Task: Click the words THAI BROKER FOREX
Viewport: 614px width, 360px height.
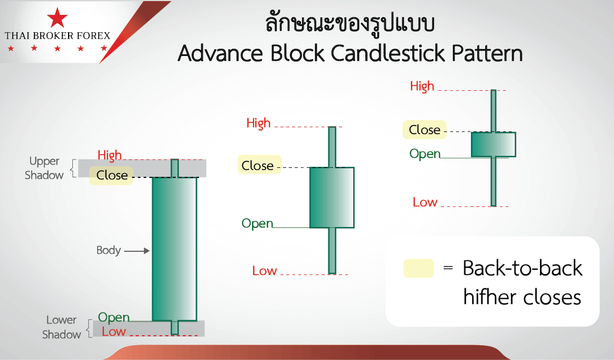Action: tap(58, 36)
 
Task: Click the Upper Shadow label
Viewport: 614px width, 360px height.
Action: tap(44, 168)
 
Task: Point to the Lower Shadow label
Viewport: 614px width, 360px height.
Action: tap(61, 327)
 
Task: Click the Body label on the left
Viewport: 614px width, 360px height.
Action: tap(108, 250)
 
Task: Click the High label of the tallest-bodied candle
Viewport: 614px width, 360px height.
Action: tap(109, 155)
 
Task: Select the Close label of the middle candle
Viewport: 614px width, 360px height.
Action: tap(258, 165)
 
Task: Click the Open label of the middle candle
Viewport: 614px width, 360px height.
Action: tap(258, 223)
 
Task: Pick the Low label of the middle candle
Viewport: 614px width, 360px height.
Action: tap(265, 271)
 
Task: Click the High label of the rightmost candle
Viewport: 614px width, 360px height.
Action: tap(422, 86)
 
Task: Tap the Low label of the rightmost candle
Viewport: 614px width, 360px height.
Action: tap(425, 202)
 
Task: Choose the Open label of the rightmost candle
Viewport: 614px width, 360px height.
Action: tap(425, 154)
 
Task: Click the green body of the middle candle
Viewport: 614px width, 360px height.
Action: tap(332, 197)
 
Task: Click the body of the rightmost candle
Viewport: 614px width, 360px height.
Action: tap(493, 144)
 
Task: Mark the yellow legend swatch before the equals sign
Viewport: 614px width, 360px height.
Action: tap(418, 268)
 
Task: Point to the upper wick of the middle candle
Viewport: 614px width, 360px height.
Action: tap(332, 147)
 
